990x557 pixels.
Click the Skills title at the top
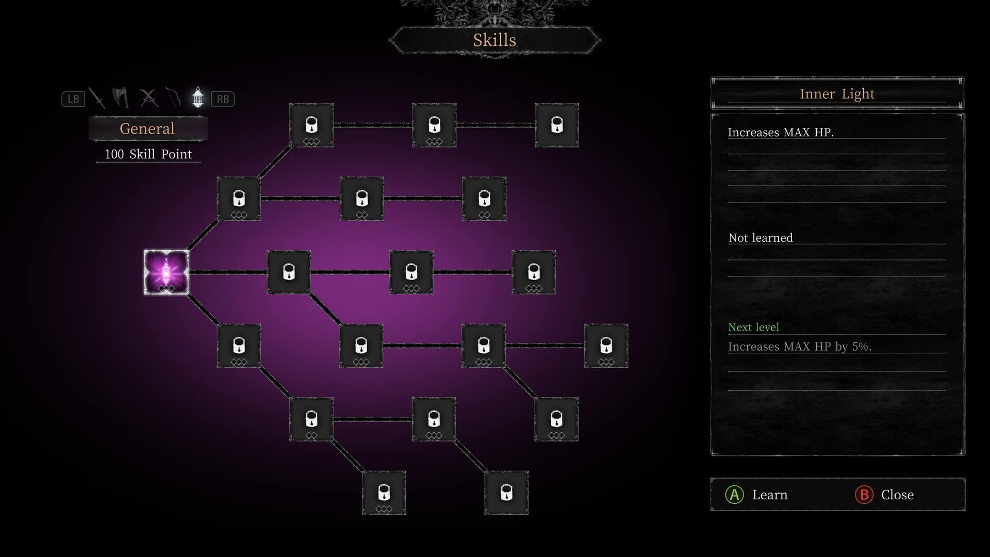(494, 40)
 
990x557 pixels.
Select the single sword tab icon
(97, 98)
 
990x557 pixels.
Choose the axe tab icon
(121, 97)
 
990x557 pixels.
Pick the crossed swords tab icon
(148, 98)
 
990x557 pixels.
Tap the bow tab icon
(174, 97)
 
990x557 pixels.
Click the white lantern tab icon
(197, 97)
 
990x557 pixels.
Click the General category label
(147, 128)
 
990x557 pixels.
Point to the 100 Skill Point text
(148, 154)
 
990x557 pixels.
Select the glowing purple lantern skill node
(166, 272)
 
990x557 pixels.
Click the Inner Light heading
(837, 94)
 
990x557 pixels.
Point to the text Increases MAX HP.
(781, 133)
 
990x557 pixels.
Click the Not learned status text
(761, 238)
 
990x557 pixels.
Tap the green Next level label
(753, 327)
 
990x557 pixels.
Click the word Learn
(770, 495)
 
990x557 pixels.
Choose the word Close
(897, 495)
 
